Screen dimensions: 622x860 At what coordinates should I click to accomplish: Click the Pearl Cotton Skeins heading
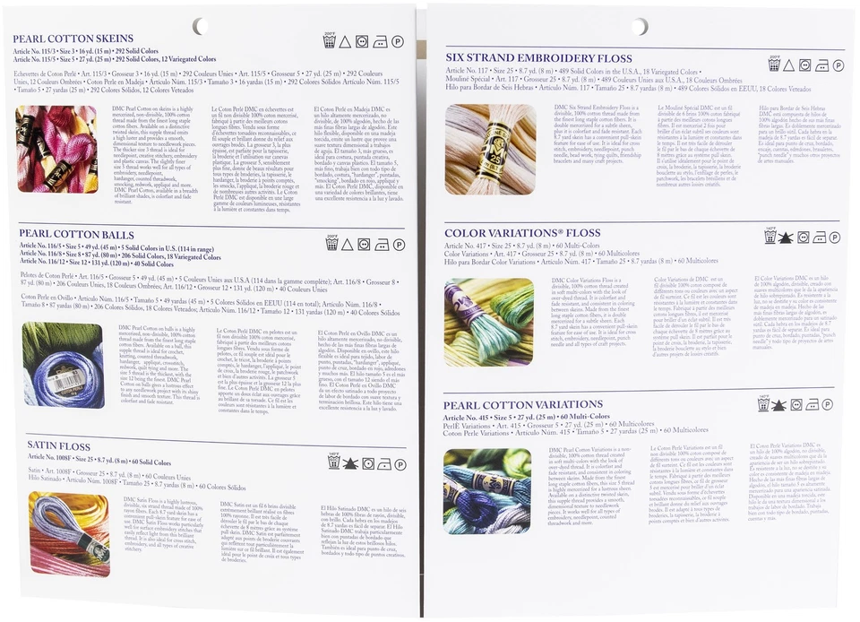click(x=73, y=39)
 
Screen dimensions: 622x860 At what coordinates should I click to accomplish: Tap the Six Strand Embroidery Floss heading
click(x=538, y=57)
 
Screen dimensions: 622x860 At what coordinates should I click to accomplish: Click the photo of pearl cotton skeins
click(x=56, y=149)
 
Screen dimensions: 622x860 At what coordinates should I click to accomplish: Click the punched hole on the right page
click(x=639, y=26)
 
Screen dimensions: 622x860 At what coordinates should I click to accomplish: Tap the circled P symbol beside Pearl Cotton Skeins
click(x=398, y=41)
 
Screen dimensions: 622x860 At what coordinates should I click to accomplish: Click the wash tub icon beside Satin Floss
click(x=331, y=463)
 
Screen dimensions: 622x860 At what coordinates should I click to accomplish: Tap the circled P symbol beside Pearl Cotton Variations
click(x=833, y=404)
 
